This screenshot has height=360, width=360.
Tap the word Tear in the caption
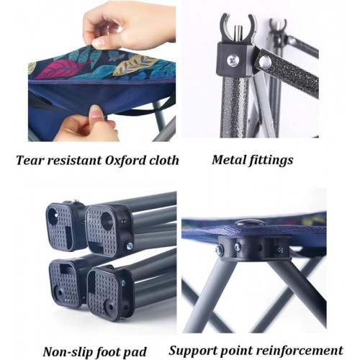pyautogui.click(x=29, y=161)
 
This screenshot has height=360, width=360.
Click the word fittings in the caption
pyautogui.click(x=271, y=161)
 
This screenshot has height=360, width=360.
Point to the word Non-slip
pyautogui.click(x=68, y=352)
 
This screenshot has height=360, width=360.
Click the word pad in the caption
pyautogui.click(x=135, y=352)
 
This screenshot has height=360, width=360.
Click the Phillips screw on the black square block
pyautogui.click(x=233, y=60)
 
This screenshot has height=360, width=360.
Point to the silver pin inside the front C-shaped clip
pyautogui.click(x=238, y=34)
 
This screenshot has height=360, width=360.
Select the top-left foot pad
pyautogui.click(x=62, y=226)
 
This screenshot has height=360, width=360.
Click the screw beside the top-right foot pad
pyautogui.click(x=130, y=246)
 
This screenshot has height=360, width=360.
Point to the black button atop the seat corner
pyautogui.click(x=250, y=222)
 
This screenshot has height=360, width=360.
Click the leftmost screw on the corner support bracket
pyautogui.click(x=219, y=251)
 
